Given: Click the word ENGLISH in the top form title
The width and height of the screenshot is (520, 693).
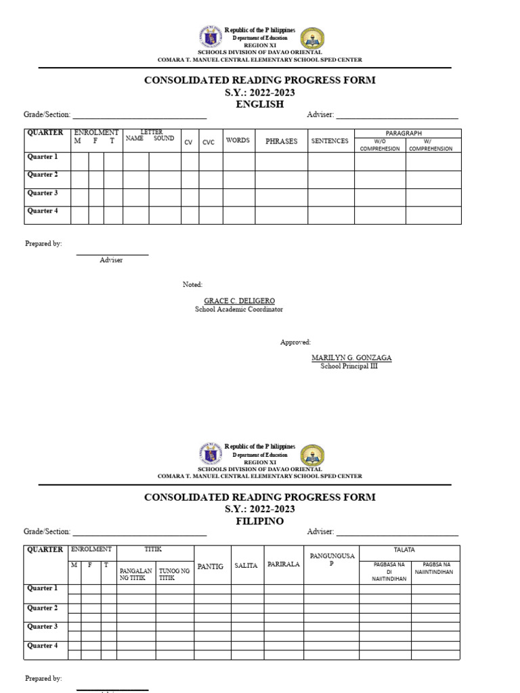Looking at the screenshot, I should (x=259, y=104).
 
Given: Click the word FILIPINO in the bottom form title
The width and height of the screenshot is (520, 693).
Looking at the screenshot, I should (x=259, y=521).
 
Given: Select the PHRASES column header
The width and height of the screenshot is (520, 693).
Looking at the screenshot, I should (x=281, y=141).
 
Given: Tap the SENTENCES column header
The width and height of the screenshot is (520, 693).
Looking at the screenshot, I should (x=330, y=141).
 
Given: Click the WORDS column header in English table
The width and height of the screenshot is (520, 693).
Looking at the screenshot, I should (x=238, y=141).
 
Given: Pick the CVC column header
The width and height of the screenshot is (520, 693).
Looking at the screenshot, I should (x=209, y=142).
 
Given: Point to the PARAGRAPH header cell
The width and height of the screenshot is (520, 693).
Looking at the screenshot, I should (x=408, y=133).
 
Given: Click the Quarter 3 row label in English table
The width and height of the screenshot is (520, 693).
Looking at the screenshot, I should (x=43, y=193).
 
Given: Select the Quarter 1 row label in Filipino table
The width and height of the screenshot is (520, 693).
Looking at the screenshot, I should (x=43, y=588).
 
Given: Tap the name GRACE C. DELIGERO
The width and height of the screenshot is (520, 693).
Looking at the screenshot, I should (x=240, y=300).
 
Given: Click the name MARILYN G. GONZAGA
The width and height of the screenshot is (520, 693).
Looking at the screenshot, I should (x=351, y=357).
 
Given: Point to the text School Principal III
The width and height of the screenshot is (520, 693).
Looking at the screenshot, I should (x=349, y=366).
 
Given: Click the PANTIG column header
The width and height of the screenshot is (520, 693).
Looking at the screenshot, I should (x=210, y=566).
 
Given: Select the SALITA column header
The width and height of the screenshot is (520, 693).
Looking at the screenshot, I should (x=246, y=566).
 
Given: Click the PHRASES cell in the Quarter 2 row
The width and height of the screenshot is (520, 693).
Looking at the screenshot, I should (x=281, y=179).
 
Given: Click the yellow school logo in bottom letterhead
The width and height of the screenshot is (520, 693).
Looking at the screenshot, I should (x=312, y=455).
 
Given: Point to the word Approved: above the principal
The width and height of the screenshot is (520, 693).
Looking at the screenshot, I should (x=295, y=342).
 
